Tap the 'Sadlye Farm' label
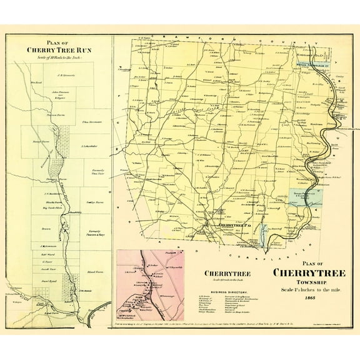click(x=91, y=204)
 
